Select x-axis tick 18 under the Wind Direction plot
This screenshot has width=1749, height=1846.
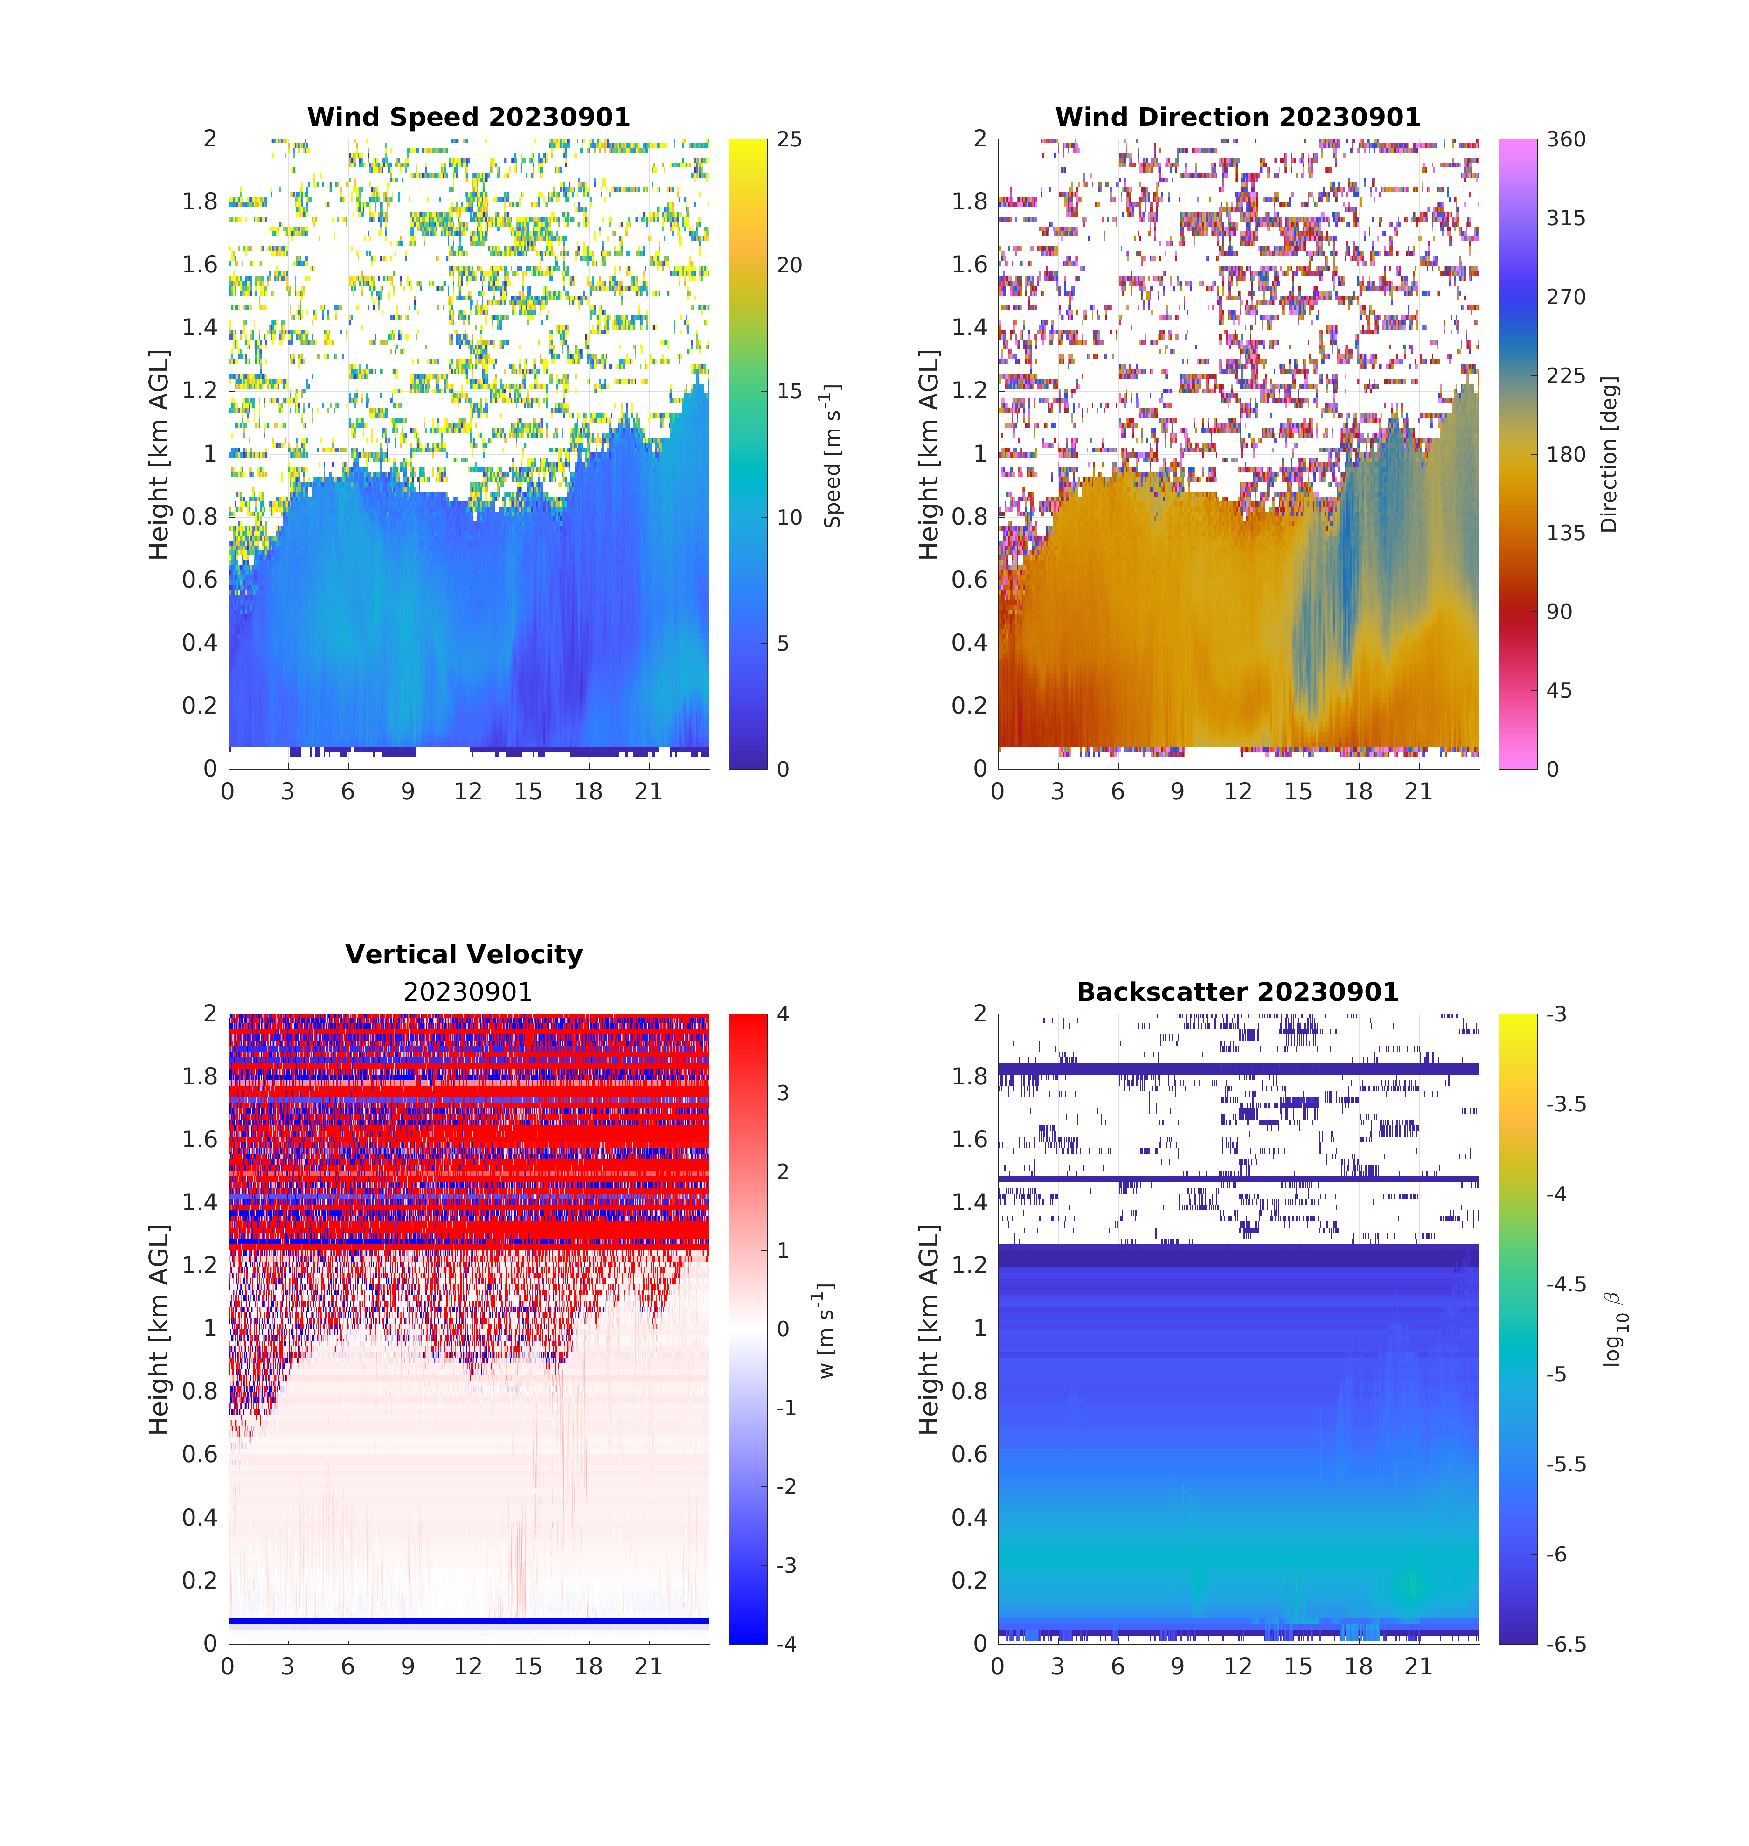[x=1358, y=791]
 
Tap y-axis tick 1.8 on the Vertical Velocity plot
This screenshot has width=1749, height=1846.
[x=200, y=1077]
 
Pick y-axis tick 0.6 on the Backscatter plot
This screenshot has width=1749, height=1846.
[x=969, y=1454]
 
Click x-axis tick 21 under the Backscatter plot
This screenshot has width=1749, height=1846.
[x=1418, y=1666]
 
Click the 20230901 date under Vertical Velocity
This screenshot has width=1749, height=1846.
[x=467, y=992]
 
